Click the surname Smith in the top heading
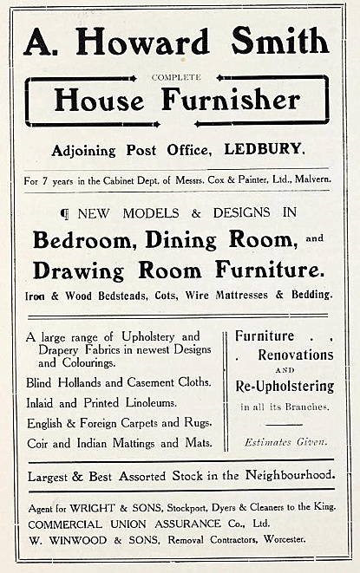tap(282, 42)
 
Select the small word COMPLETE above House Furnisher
tap(176, 77)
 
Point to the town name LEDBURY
tap(265, 149)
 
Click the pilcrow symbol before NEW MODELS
tap(63, 213)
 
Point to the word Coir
tap(40, 443)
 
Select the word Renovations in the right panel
tap(295, 355)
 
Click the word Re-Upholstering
tap(284, 385)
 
